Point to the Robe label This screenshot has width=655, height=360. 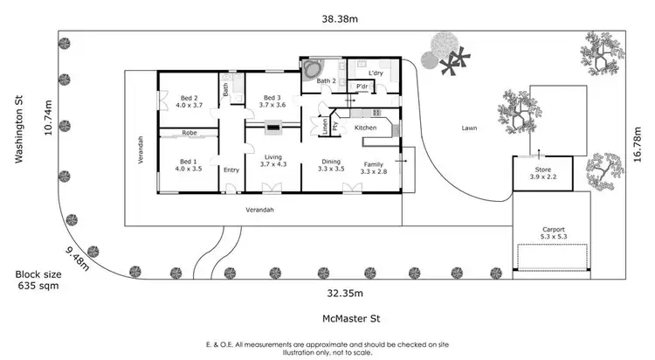pyautogui.click(x=189, y=133)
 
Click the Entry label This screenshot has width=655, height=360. pyautogui.click(x=231, y=170)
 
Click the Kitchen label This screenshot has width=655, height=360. pyautogui.click(x=366, y=128)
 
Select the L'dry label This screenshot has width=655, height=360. pyautogui.click(x=376, y=73)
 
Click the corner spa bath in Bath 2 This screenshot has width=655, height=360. pyautogui.click(x=311, y=70)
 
